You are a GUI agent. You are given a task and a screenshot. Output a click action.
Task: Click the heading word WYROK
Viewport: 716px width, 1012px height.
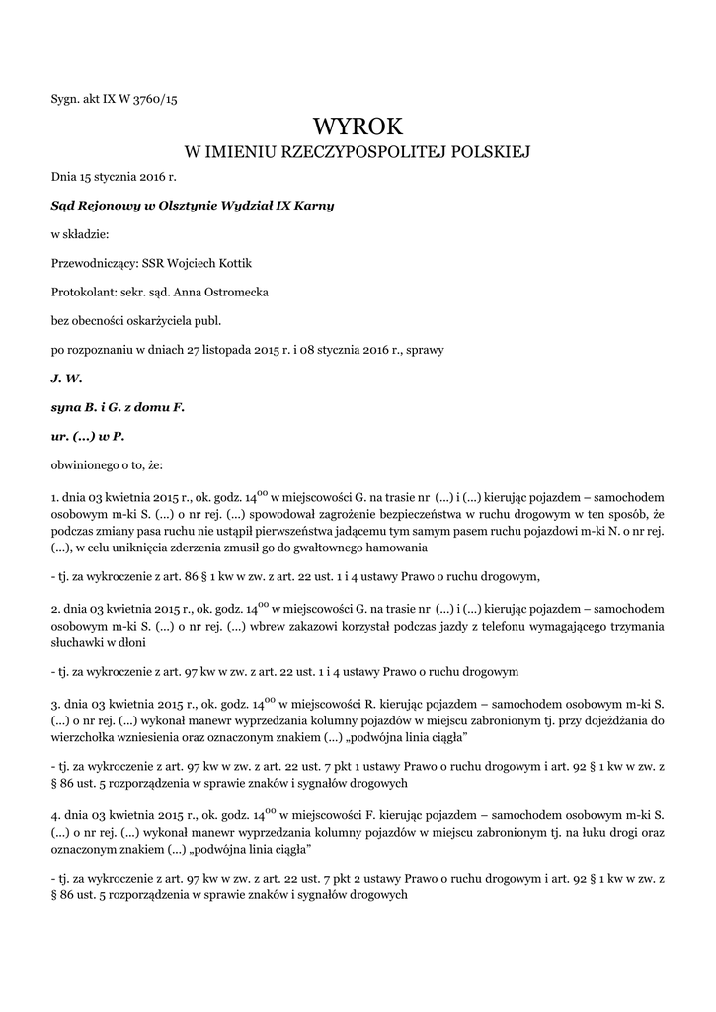coord(358,126)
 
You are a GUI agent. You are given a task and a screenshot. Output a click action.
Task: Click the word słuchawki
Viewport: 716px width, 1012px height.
coord(77,642)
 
